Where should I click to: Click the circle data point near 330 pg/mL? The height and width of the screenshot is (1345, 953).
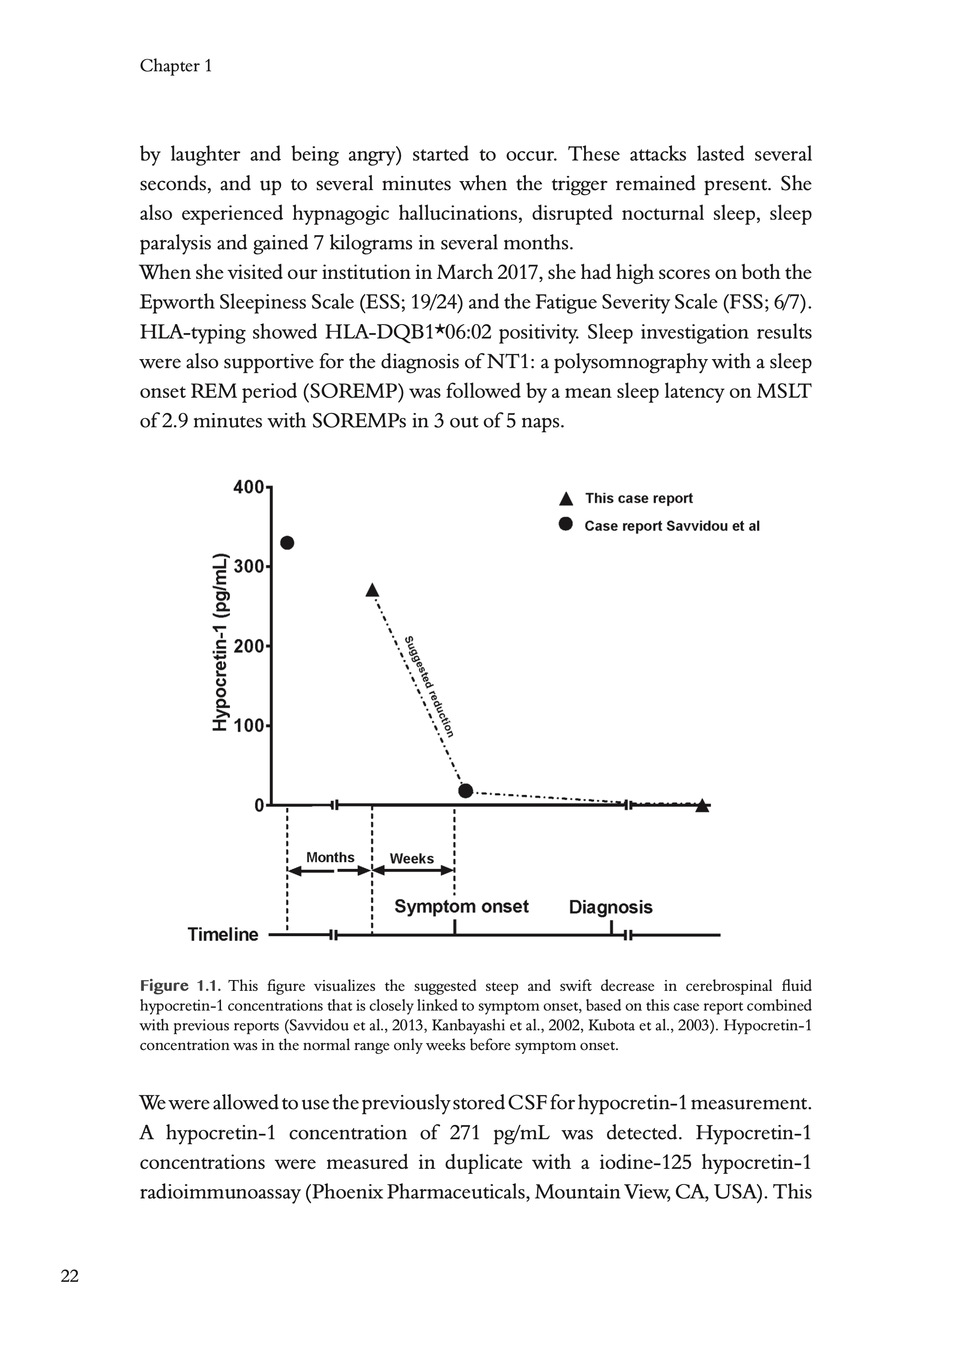(x=287, y=543)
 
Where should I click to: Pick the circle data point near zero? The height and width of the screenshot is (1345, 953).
(x=465, y=790)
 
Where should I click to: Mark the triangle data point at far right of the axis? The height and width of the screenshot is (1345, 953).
(x=702, y=806)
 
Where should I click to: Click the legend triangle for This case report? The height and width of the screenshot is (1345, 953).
(x=566, y=499)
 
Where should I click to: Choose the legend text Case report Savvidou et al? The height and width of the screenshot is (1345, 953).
(x=671, y=526)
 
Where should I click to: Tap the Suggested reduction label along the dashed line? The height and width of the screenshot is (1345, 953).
(x=431, y=686)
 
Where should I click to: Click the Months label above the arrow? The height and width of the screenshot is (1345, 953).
(x=330, y=857)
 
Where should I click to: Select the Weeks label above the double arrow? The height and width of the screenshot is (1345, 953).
(x=412, y=859)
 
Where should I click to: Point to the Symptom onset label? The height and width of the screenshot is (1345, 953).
(x=461, y=907)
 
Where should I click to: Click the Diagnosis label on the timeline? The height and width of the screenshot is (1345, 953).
(x=610, y=907)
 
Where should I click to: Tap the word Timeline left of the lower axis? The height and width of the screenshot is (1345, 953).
(x=223, y=934)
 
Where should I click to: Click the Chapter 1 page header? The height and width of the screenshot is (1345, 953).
(x=175, y=66)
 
